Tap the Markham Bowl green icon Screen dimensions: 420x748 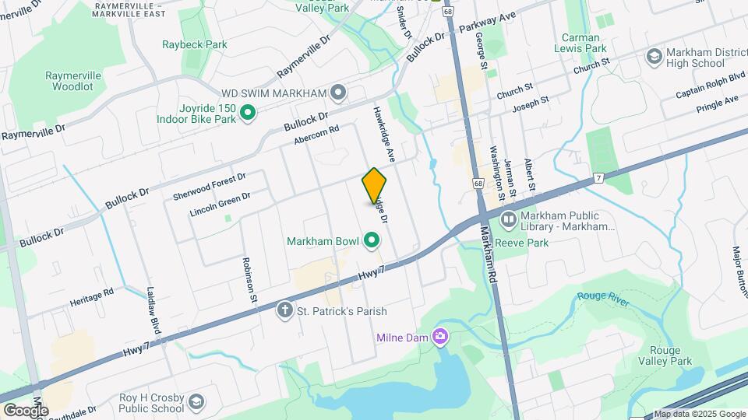pos(372,242)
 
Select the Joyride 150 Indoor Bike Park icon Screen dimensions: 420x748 pos(248,114)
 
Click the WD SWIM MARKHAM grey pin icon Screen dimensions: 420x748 pos(338,93)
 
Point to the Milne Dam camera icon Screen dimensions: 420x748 pos(440,337)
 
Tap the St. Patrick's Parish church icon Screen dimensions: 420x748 pos(284,311)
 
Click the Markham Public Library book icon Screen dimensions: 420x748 pos(508,221)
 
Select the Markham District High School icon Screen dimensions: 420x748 pos(654,57)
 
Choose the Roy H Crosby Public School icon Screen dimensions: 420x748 pos(196,402)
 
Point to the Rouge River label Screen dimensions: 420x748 pos(603,296)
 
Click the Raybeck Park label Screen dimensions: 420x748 pos(195,44)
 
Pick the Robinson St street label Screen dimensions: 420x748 pos(249,279)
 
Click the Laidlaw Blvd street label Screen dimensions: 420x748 pos(154,312)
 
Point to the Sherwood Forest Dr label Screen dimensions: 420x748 pos(210,185)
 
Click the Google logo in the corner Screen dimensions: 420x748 pos(26,411)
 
